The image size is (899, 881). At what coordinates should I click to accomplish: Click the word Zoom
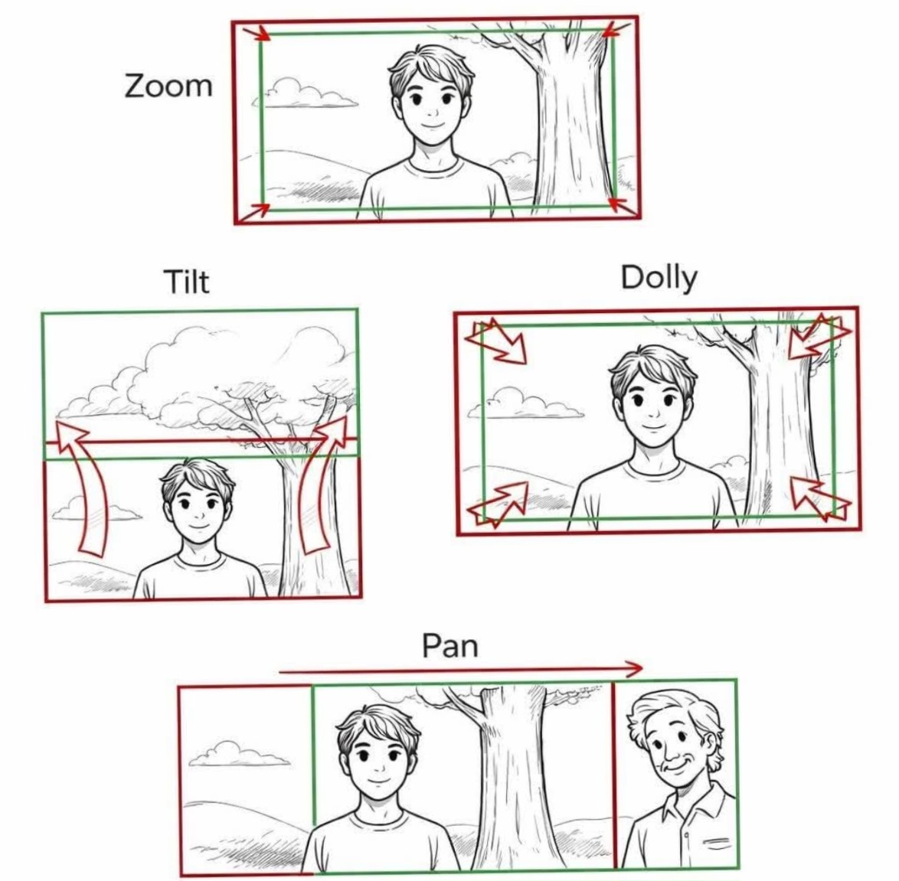pyautogui.click(x=168, y=86)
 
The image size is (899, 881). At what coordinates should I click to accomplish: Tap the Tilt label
pyautogui.click(x=187, y=282)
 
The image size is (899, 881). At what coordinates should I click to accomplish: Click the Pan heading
pyautogui.click(x=449, y=645)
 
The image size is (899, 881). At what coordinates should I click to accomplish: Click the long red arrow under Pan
pyautogui.click(x=460, y=669)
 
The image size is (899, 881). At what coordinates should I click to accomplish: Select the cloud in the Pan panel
pyautogui.click(x=238, y=754)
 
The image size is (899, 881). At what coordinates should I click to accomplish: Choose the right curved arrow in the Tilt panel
pyautogui.click(x=322, y=485)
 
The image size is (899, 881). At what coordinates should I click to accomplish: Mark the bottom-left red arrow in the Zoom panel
pyautogui.click(x=253, y=211)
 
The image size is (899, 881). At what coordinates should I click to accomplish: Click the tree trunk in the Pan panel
pyautogui.click(x=512, y=773)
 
